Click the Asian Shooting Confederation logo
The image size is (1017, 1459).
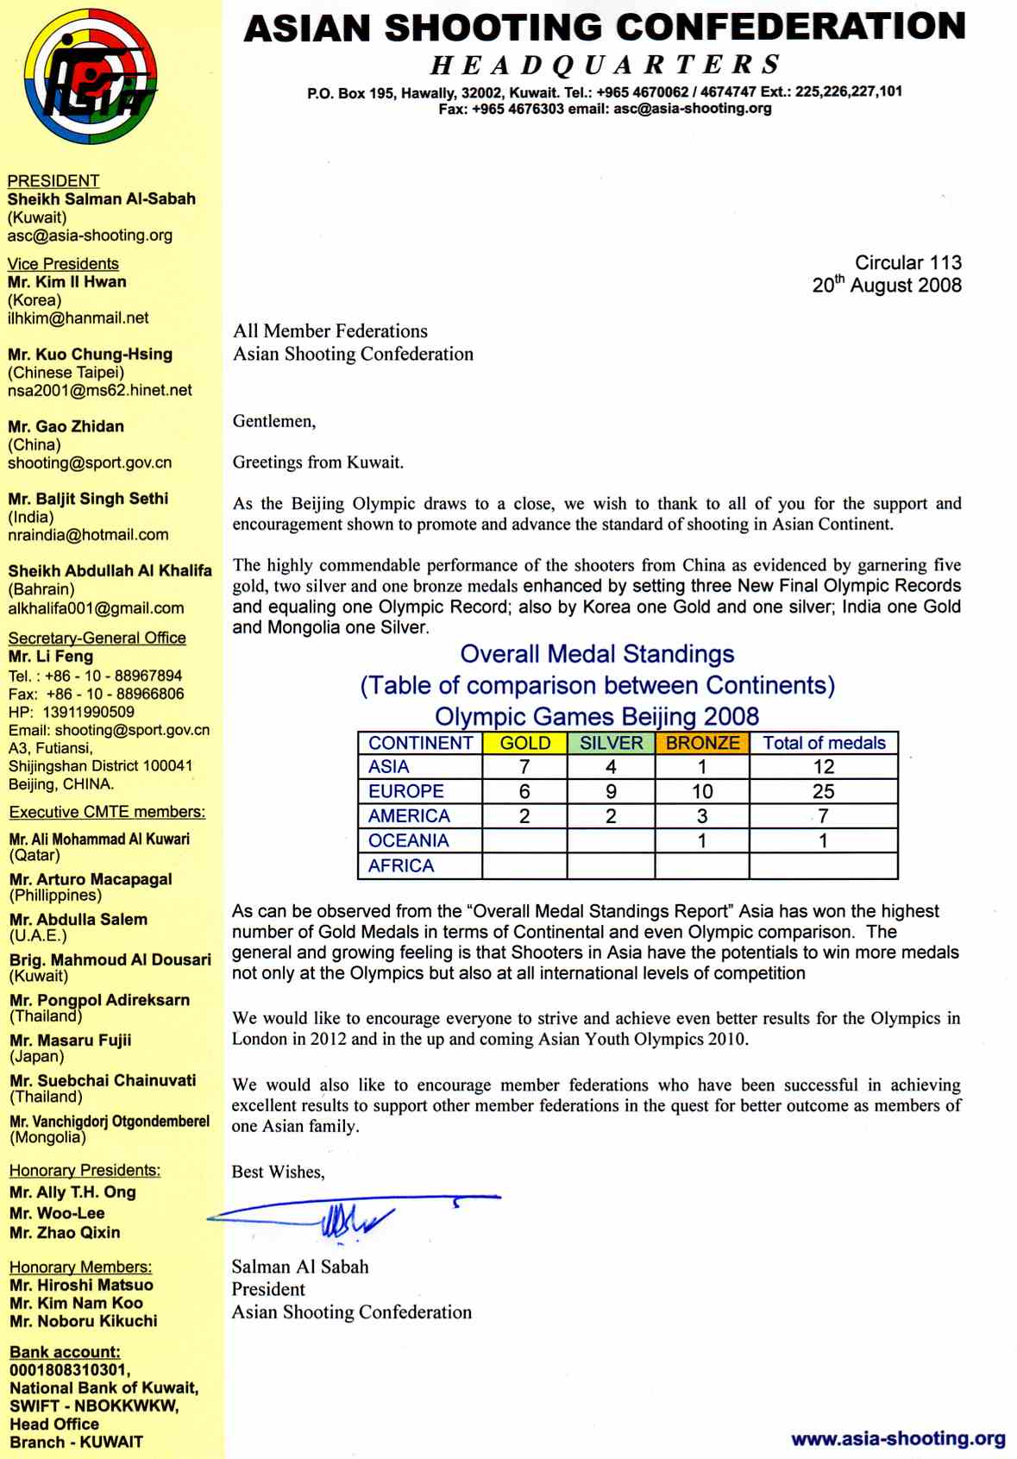click(x=91, y=77)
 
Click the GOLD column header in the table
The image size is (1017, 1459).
click(x=524, y=743)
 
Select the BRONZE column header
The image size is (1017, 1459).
click(x=702, y=743)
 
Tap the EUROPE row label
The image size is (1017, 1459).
click(x=405, y=791)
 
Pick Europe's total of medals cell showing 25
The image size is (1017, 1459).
click(x=823, y=791)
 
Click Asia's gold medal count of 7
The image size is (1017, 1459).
click(x=524, y=767)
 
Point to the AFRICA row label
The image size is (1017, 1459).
click(x=401, y=865)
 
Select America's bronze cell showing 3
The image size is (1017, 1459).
click(x=702, y=816)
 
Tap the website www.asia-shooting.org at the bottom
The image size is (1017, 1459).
click(x=898, y=1438)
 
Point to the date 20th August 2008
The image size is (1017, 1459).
click(x=886, y=285)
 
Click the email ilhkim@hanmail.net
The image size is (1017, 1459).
click(x=78, y=318)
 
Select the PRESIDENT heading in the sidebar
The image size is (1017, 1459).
click(x=53, y=180)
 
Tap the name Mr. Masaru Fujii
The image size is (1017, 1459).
click(x=71, y=1040)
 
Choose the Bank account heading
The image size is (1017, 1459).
click(x=65, y=1352)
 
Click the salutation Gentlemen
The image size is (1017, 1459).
click(x=274, y=421)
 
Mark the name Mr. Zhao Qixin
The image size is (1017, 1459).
click(x=65, y=1232)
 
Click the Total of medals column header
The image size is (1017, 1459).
click(x=824, y=743)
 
